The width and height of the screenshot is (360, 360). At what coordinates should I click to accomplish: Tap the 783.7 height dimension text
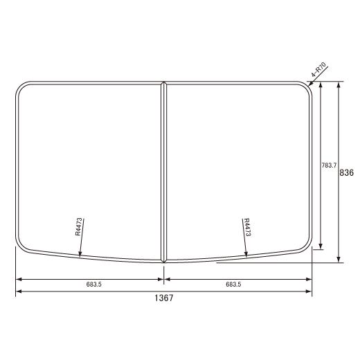point(329,165)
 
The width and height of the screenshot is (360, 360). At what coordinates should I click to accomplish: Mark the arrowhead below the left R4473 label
point(80,255)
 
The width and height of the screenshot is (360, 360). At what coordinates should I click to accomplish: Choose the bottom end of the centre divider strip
point(164,261)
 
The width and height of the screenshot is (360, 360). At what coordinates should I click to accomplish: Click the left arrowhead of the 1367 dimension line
point(18,291)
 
